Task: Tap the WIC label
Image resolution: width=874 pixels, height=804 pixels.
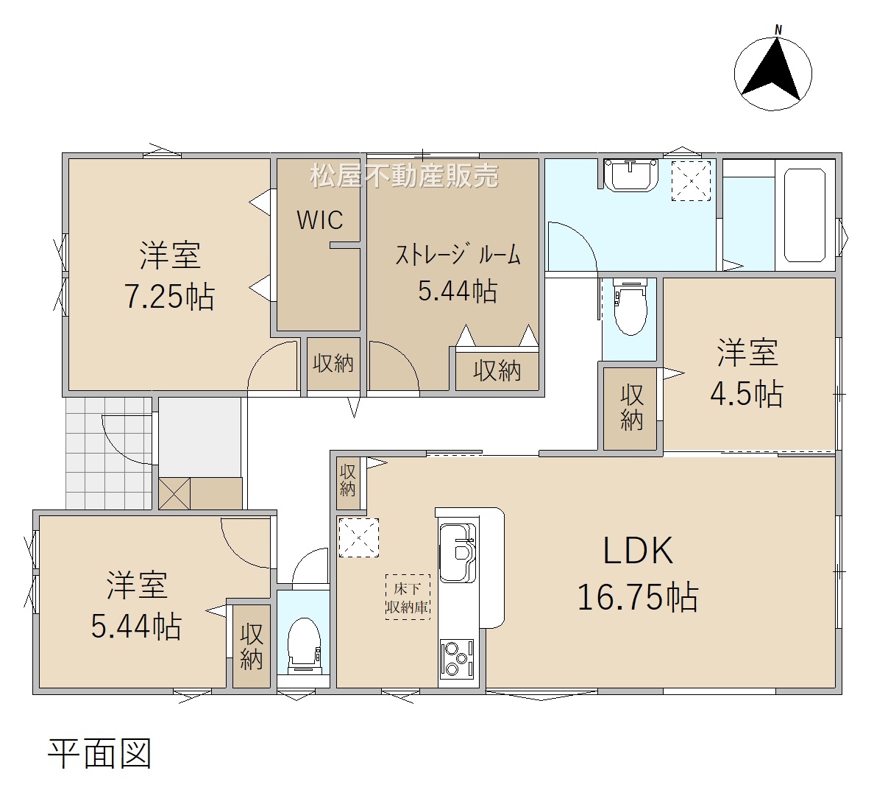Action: click(x=320, y=220)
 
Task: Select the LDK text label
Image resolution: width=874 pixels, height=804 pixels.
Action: click(x=639, y=551)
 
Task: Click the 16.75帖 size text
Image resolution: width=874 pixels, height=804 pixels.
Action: click(x=638, y=597)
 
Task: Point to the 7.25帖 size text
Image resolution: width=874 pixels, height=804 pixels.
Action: click(x=169, y=296)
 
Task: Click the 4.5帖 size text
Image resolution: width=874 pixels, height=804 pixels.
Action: click(x=747, y=394)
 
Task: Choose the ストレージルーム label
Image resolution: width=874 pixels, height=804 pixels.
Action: click(x=458, y=255)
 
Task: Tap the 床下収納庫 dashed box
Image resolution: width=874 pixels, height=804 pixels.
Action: click(x=408, y=597)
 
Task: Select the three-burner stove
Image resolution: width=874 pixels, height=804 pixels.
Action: click(x=457, y=659)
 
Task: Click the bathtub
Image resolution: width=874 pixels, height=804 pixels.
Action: click(x=804, y=215)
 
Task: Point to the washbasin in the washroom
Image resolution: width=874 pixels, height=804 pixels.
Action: click(x=631, y=174)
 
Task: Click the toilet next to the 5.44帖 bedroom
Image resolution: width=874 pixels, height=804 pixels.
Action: click(x=305, y=646)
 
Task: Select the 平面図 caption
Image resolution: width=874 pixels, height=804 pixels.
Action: click(x=100, y=754)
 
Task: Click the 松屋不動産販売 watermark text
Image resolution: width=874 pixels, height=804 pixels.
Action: click(x=404, y=176)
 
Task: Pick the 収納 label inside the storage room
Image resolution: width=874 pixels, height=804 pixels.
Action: click(x=497, y=370)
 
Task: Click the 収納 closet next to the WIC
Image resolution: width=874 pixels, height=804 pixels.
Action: click(x=333, y=364)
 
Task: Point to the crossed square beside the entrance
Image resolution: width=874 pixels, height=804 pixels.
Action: click(x=174, y=493)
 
